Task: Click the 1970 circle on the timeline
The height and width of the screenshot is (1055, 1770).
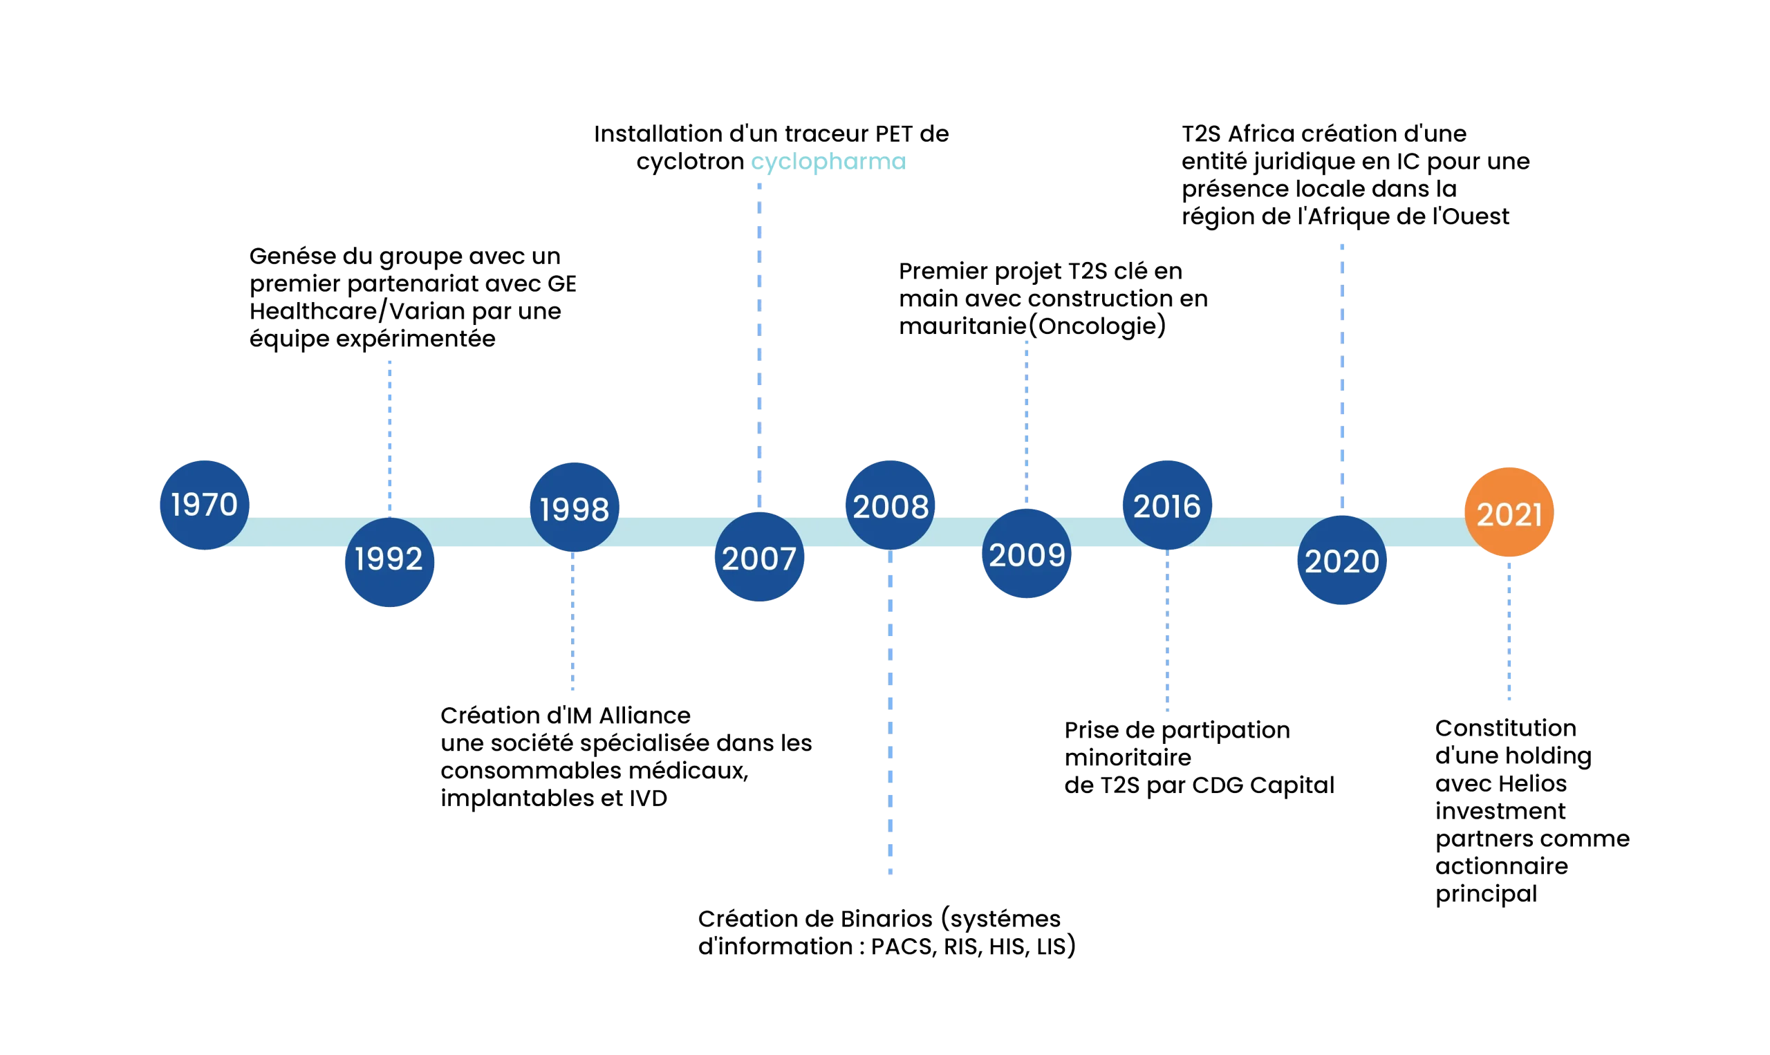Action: click(204, 505)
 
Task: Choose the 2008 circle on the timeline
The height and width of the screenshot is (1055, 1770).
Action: click(890, 506)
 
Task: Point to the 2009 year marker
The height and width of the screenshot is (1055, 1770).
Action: click(1027, 555)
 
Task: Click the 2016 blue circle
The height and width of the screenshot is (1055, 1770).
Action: click(1166, 506)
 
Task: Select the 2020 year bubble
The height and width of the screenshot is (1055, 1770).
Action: click(1342, 561)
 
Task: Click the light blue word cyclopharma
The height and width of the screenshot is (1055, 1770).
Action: click(829, 162)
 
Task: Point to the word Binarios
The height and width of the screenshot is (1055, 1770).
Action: click(886, 919)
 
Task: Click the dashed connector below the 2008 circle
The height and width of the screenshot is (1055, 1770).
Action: click(890, 711)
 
